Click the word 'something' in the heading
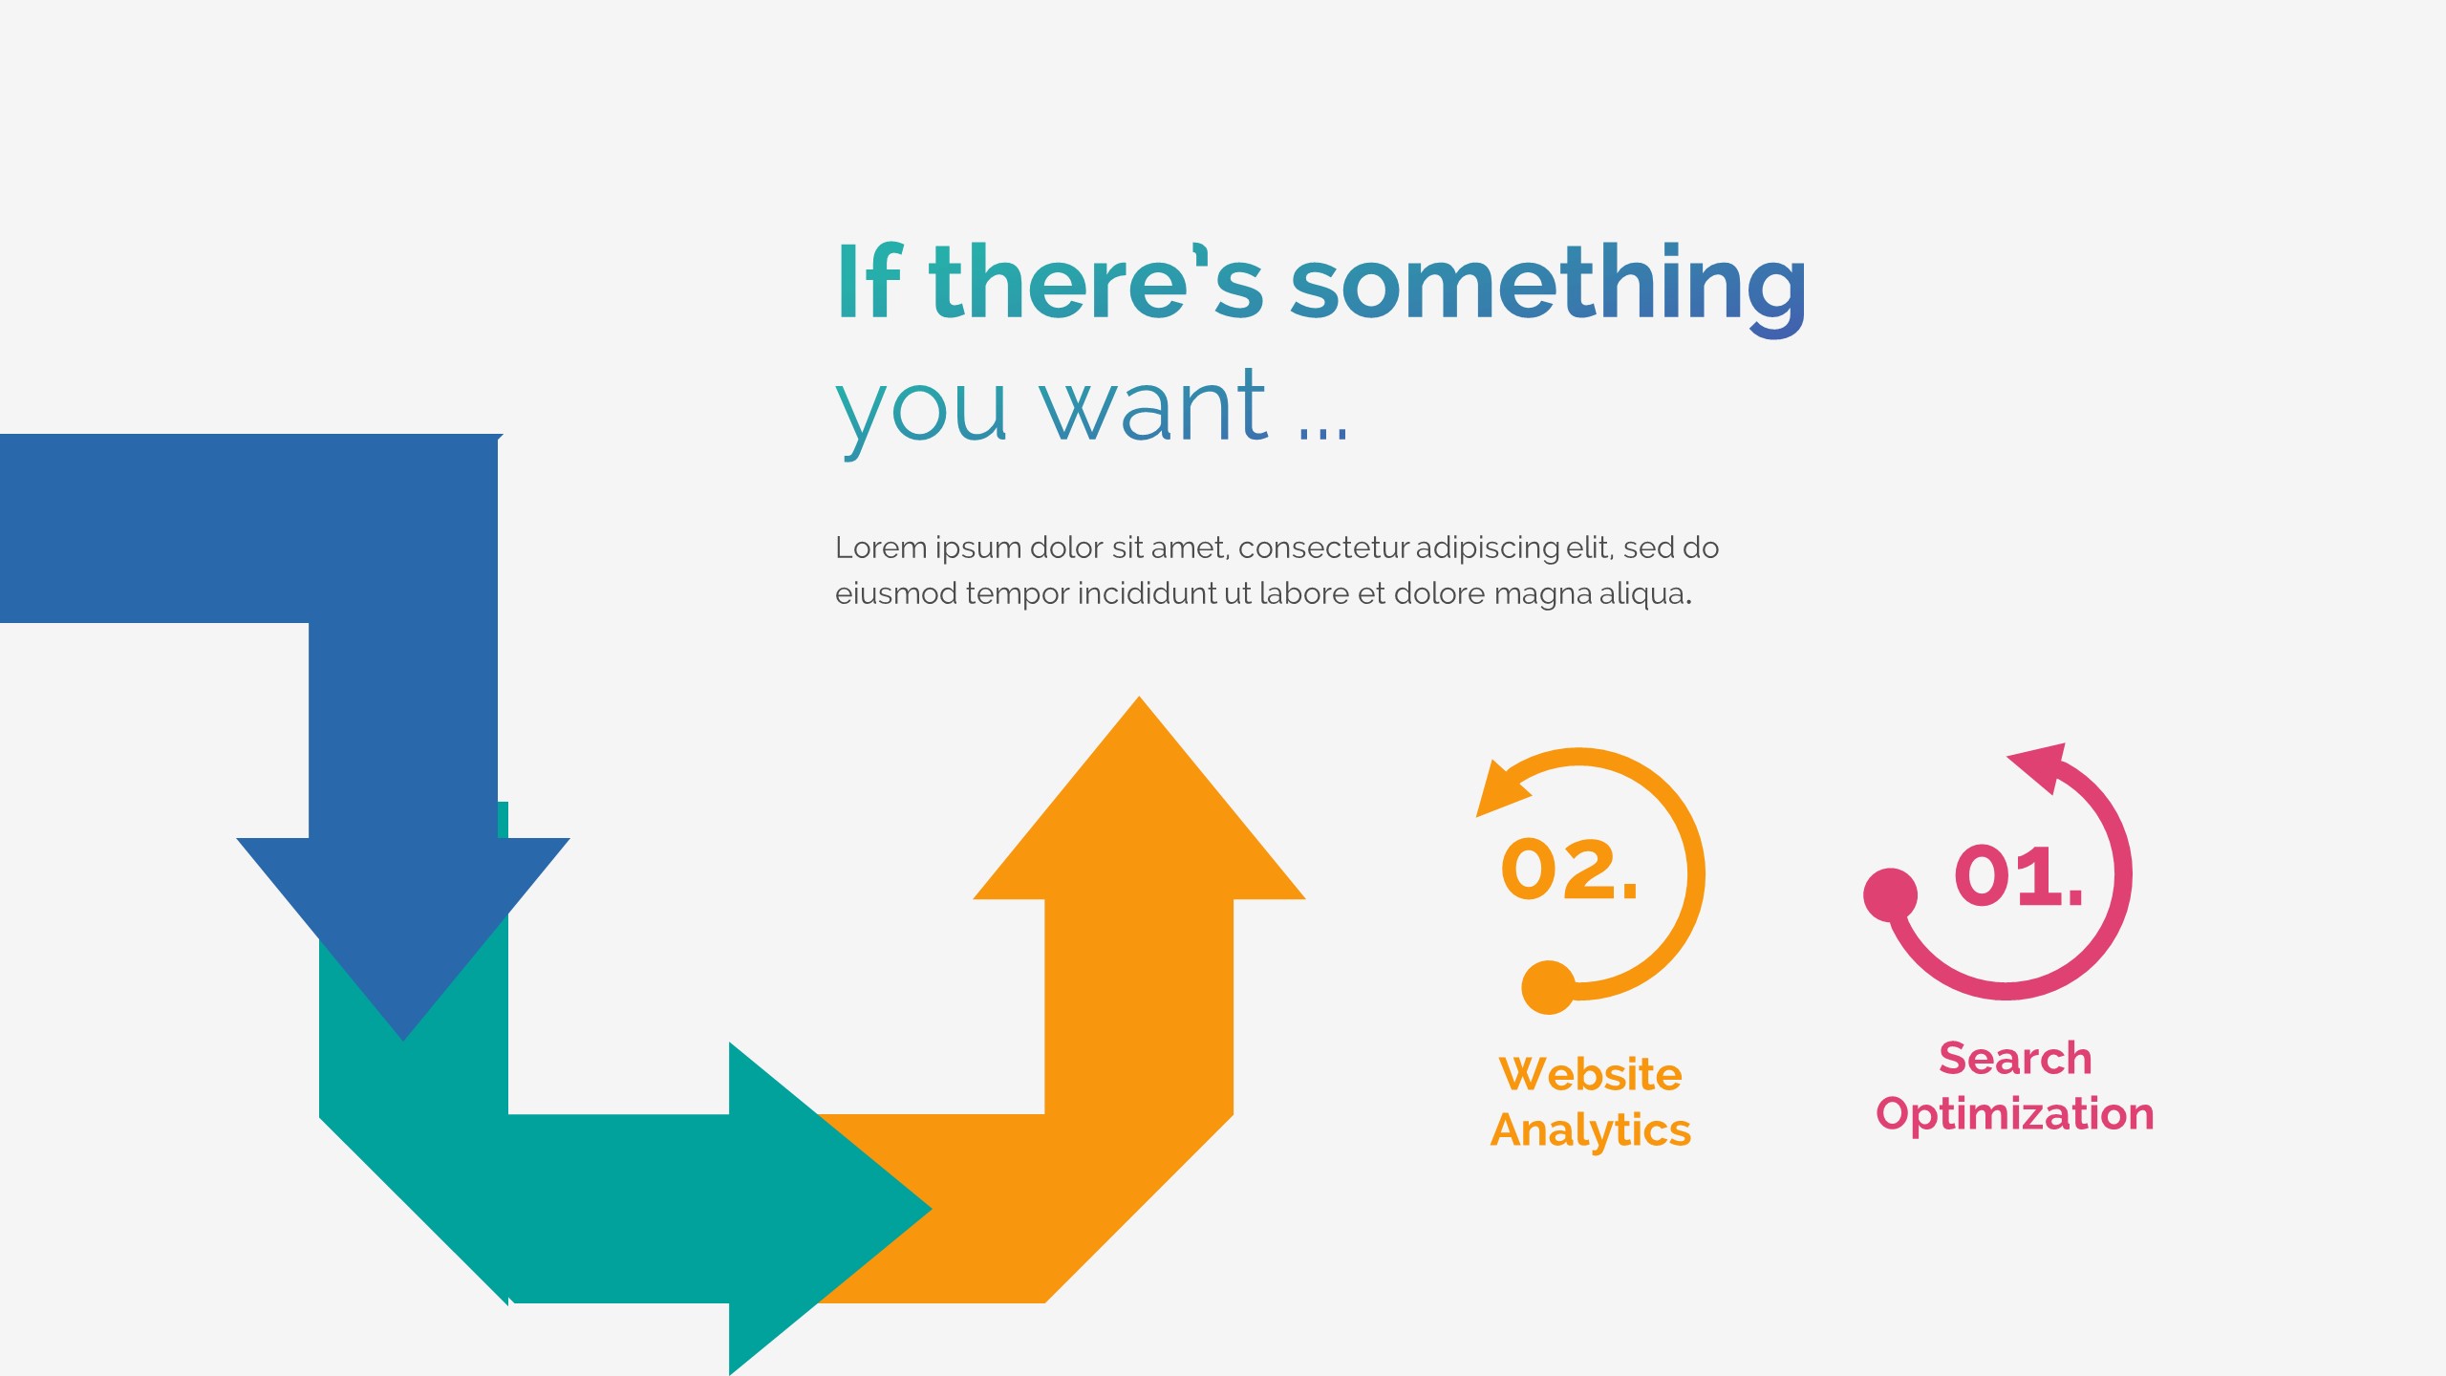click(x=1548, y=283)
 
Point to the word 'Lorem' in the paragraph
click(x=880, y=548)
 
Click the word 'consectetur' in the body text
click(x=1323, y=548)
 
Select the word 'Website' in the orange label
click(x=1591, y=1074)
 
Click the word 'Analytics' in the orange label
click(x=1591, y=1129)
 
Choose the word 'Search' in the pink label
click(x=2015, y=1059)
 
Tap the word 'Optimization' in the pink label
click(x=2015, y=1114)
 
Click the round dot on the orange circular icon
click(x=1548, y=987)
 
